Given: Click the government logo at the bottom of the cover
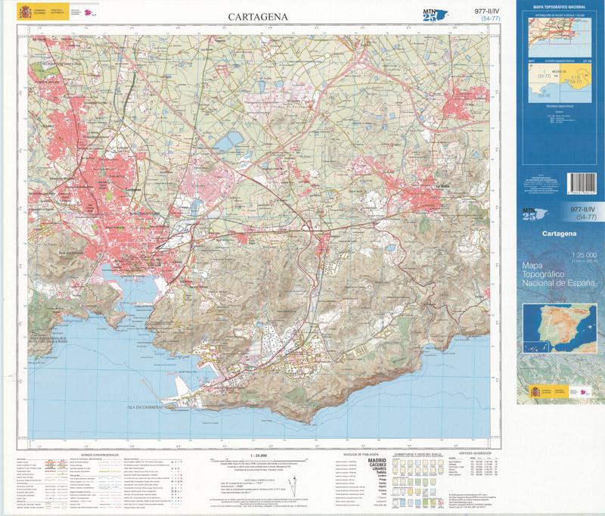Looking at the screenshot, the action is point(560,393).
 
